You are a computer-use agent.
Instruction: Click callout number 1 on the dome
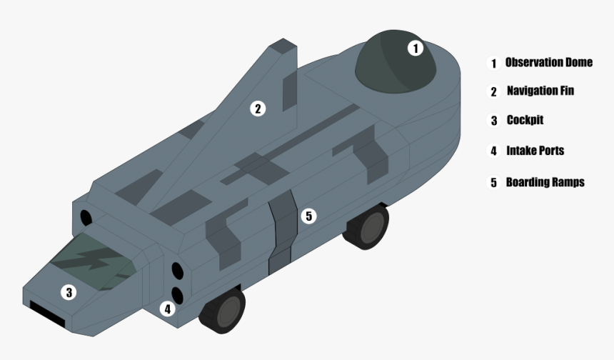click(x=416, y=48)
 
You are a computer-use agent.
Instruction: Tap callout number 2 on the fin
click(x=258, y=109)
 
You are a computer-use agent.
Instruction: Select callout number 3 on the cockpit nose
click(x=69, y=292)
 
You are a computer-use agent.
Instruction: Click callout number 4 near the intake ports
click(x=168, y=309)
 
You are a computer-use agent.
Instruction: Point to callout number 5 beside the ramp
click(x=308, y=216)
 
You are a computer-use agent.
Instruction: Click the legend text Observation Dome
click(x=548, y=62)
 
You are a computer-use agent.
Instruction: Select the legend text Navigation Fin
click(x=540, y=91)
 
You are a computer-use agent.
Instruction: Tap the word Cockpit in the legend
click(x=525, y=120)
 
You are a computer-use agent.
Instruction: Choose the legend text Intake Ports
click(x=535, y=151)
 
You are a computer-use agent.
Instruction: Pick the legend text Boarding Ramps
click(x=545, y=182)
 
